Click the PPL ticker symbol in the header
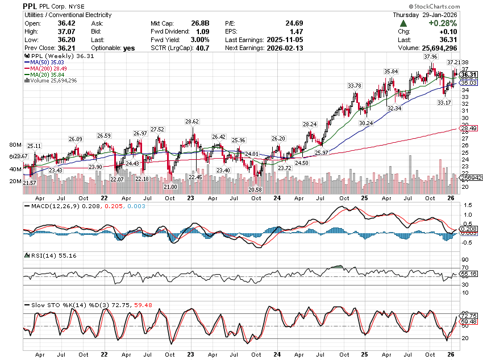tap(31, 6)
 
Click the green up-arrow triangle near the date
tap(403, 23)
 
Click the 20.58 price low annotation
tap(254, 189)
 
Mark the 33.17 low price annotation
tap(444, 102)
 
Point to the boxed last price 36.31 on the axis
tap(468, 75)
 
